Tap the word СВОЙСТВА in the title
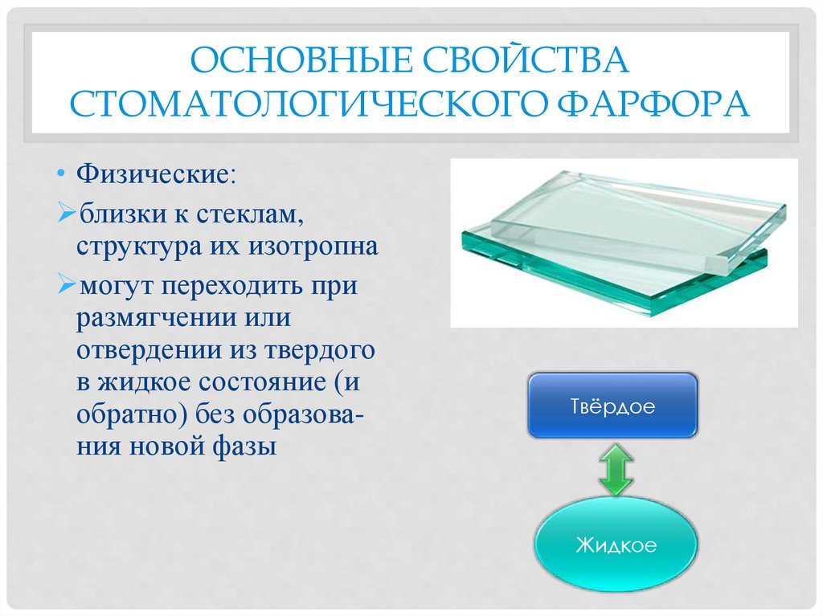(x=526, y=59)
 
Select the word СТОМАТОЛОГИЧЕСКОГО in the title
(x=307, y=104)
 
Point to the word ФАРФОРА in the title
(x=653, y=104)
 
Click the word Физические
(x=156, y=173)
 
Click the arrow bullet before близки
(x=68, y=214)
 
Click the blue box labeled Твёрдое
(x=612, y=406)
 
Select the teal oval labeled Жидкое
(x=616, y=544)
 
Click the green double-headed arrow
(x=615, y=469)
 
